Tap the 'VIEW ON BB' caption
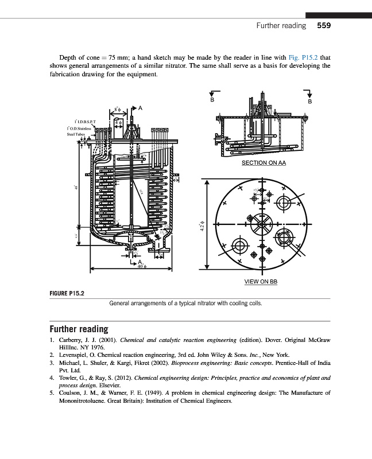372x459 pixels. pyautogui.click(x=261, y=282)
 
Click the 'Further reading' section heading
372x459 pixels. pyautogui.click(x=79, y=329)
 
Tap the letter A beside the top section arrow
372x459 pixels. pyautogui.click(x=141, y=107)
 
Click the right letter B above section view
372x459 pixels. pyautogui.click(x=310, y=102)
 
